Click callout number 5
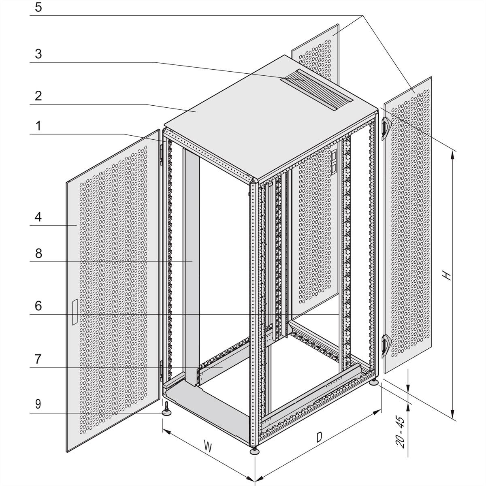(x=38, y=8)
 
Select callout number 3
(x=38, y=54)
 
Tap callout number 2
(x=38, y=96)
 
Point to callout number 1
(x=38, y=126)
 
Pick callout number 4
(x=38, y=217)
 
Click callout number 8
(x=38, y=254)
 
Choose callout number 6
(x=38, y=306)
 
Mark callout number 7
(x=38, y=359)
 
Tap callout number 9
(x=38, y=404)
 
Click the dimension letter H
(x=446, y=275)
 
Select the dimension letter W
(x=207, y=447)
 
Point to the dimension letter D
(x=320, y=437)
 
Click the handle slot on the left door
(x=74, y=312)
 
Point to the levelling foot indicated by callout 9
(x=166, y=411)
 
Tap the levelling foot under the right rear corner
(x=375, y=382)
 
